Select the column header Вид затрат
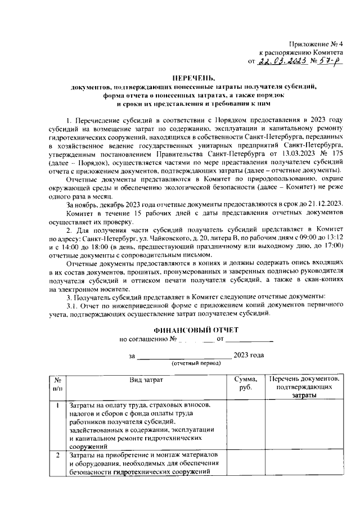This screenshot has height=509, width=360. pyautogui.click(x=146, y=380)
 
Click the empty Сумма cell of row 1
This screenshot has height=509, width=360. pyautogui.click(x=246, y=425)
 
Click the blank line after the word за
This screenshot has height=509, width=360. pyautogui.click(x=184, y=355)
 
